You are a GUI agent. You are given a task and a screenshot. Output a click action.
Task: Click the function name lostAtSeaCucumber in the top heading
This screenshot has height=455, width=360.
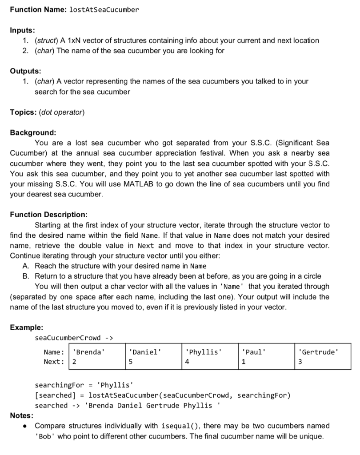tap(104, 9)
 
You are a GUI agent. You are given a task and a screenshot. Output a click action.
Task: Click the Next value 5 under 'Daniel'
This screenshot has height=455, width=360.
tap(130, 362)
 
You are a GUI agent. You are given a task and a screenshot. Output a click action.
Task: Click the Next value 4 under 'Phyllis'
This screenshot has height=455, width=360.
tap(187, 362)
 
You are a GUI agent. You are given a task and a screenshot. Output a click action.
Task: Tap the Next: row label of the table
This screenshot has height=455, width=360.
tap(53, 362)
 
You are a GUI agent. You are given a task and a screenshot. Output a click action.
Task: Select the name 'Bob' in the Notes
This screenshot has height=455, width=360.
tap(44, 436)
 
